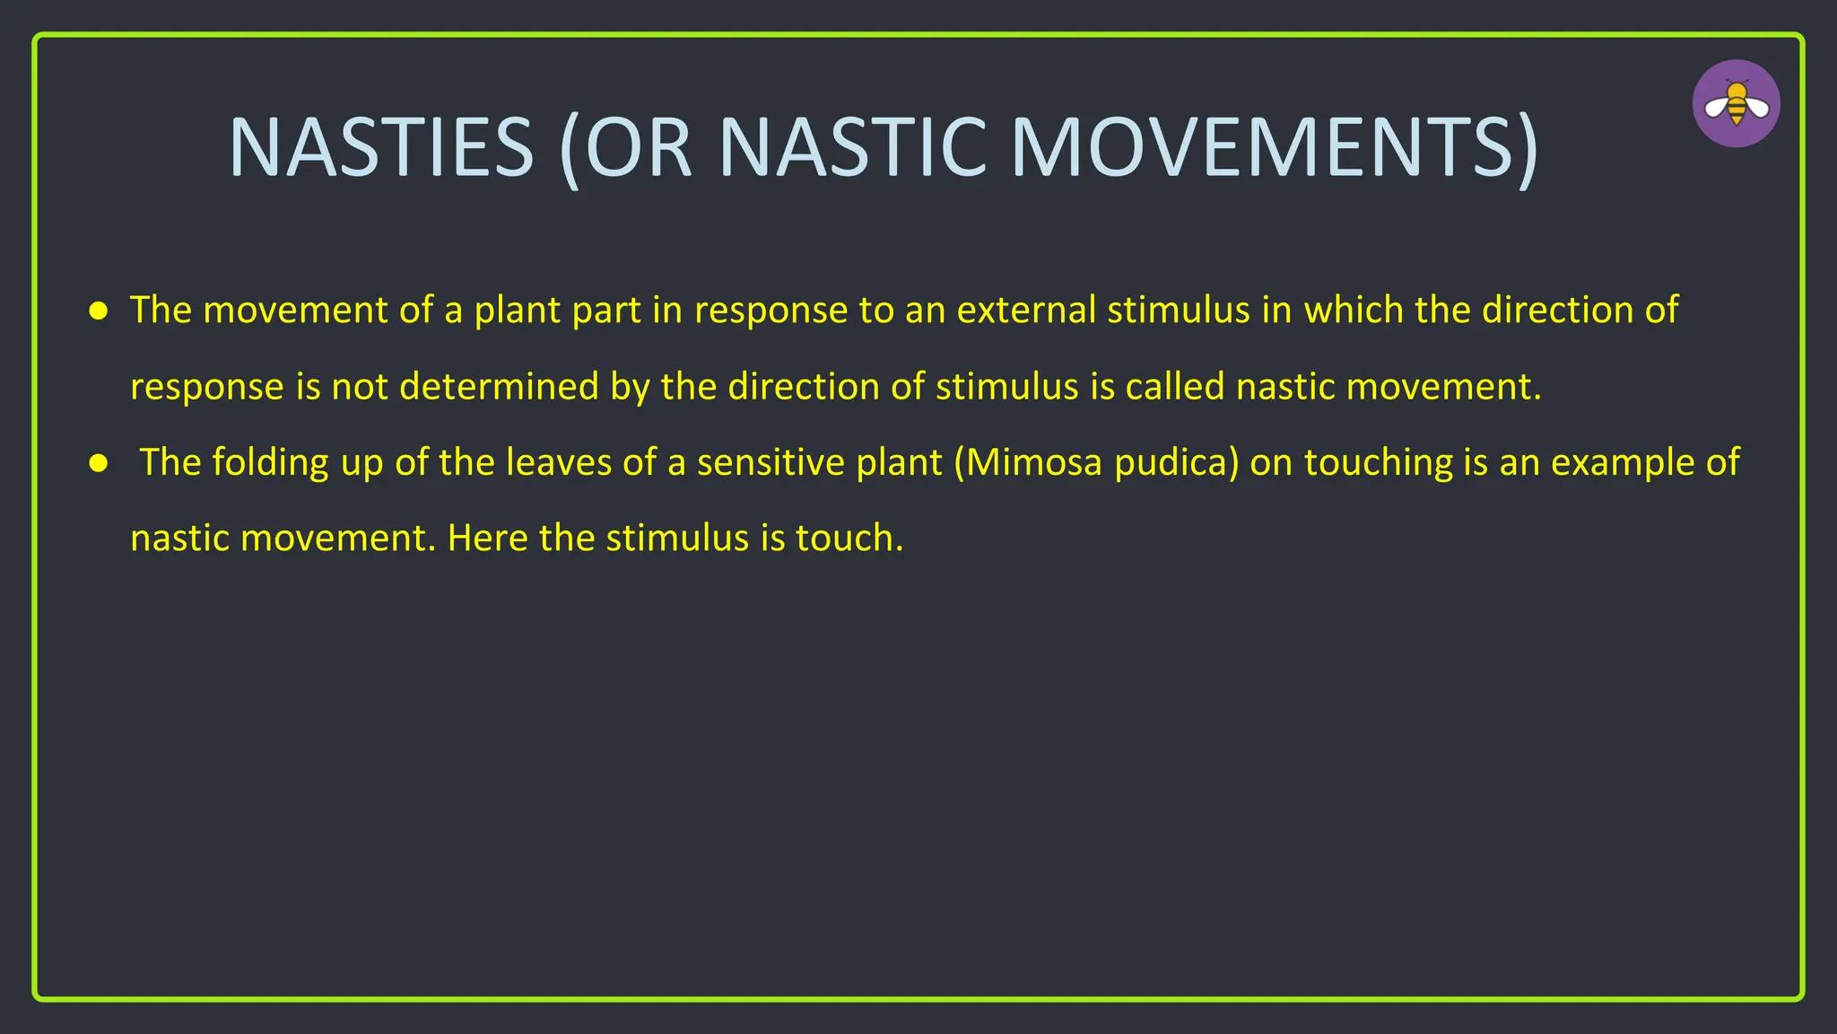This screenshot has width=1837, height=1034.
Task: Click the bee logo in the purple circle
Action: [x=1736, y=104]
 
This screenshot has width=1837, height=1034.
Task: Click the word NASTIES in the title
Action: [x=381, y=147]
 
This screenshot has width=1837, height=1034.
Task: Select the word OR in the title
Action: [x=638, y=147]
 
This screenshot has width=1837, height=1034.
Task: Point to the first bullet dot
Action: [x=99, y=311]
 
